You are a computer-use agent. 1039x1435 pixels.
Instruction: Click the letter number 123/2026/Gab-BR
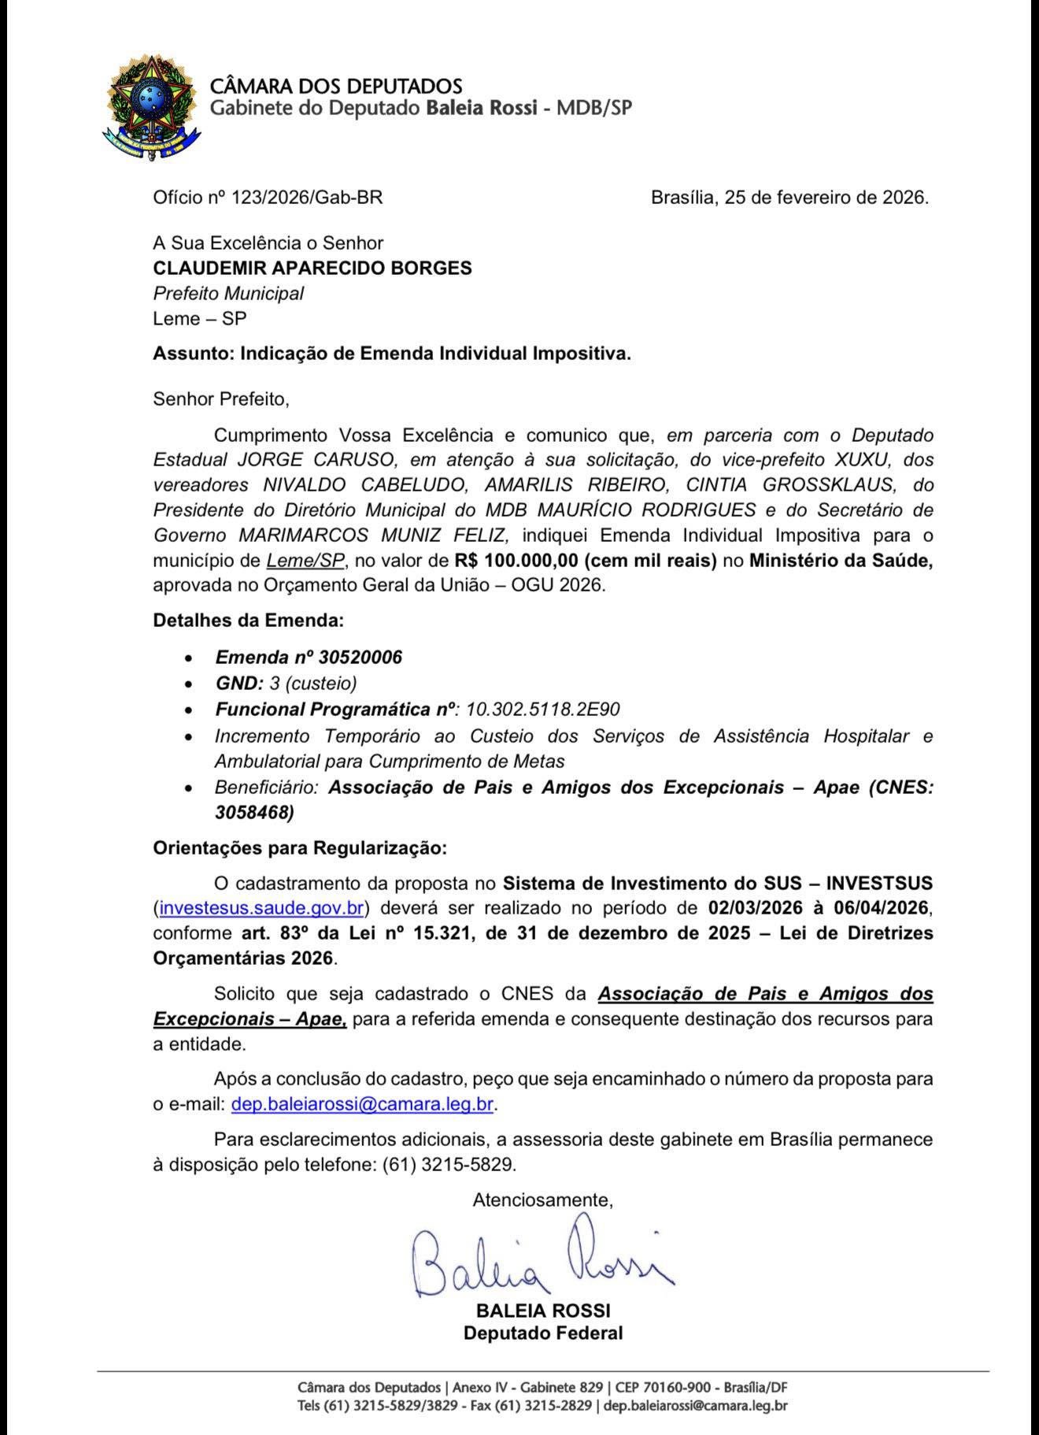pos(306,198)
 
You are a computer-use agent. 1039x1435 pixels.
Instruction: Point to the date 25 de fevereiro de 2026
pos(826,198)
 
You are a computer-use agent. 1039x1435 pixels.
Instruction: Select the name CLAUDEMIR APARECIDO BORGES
pos(312,268)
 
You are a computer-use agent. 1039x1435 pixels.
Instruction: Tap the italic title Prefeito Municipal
pos(228,294)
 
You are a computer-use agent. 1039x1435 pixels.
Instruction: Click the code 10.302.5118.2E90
pos(543,710)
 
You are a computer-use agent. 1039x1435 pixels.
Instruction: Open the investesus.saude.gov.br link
pos(261,908)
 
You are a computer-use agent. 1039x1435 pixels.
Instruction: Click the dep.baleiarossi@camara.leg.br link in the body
pos(362,1104)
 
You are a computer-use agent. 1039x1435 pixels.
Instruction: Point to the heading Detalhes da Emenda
pos(249,621)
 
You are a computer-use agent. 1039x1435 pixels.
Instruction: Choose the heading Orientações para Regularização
pos(300,848)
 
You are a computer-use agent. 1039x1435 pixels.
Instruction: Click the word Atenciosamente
pos(542,1200)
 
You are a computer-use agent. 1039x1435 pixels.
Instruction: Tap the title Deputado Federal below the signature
pos(542,1333)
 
